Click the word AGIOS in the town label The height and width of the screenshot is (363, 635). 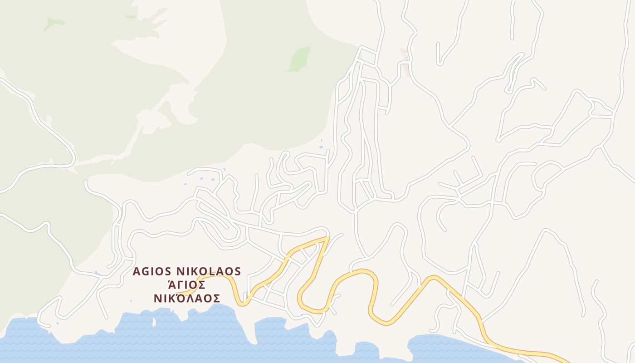tap(152, 271)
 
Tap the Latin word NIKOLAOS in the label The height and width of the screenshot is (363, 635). tap(208, 271)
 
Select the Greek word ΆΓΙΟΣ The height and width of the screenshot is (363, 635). tap(186, 285)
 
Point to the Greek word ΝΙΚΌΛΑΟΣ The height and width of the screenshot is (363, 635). tap(186, 299)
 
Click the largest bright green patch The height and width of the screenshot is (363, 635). tap(299, 59)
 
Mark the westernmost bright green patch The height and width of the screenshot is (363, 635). tap(53, 24)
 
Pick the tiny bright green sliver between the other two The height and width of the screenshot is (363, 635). tap(131, 17)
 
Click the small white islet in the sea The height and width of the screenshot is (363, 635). tap(154, 322)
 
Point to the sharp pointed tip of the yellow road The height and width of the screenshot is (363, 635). tap(327, 237)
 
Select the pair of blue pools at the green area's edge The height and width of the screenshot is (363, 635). tap(321, 143)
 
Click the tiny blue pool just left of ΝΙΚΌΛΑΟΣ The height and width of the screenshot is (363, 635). tap(131, 300)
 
